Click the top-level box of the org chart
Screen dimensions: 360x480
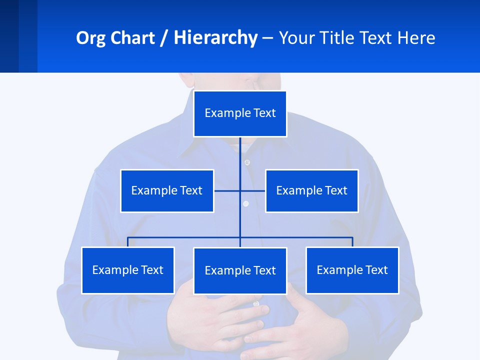click(240, 113)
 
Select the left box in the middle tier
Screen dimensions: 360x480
click(167, 190)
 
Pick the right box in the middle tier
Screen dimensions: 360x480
click(311, 190)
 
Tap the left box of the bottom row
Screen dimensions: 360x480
click(128, 270)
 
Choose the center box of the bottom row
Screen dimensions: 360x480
click(240, 270)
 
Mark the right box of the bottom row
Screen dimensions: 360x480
click(352, 270)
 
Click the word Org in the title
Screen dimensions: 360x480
click(90, 38)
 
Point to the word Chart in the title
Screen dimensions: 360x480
click(130, 38)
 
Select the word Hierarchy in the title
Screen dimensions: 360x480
click(215, 38)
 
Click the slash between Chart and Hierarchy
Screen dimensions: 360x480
click(164, 38)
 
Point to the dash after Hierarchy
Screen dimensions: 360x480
click(267, 38)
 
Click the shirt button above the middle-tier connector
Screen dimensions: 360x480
click(247, 162)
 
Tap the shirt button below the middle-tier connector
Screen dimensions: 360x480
click(245, 203)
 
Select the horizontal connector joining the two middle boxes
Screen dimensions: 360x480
click(227, 190)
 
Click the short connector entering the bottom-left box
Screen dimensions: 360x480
click(128, 242)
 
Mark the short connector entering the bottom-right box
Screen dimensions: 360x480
click(352, 242)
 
